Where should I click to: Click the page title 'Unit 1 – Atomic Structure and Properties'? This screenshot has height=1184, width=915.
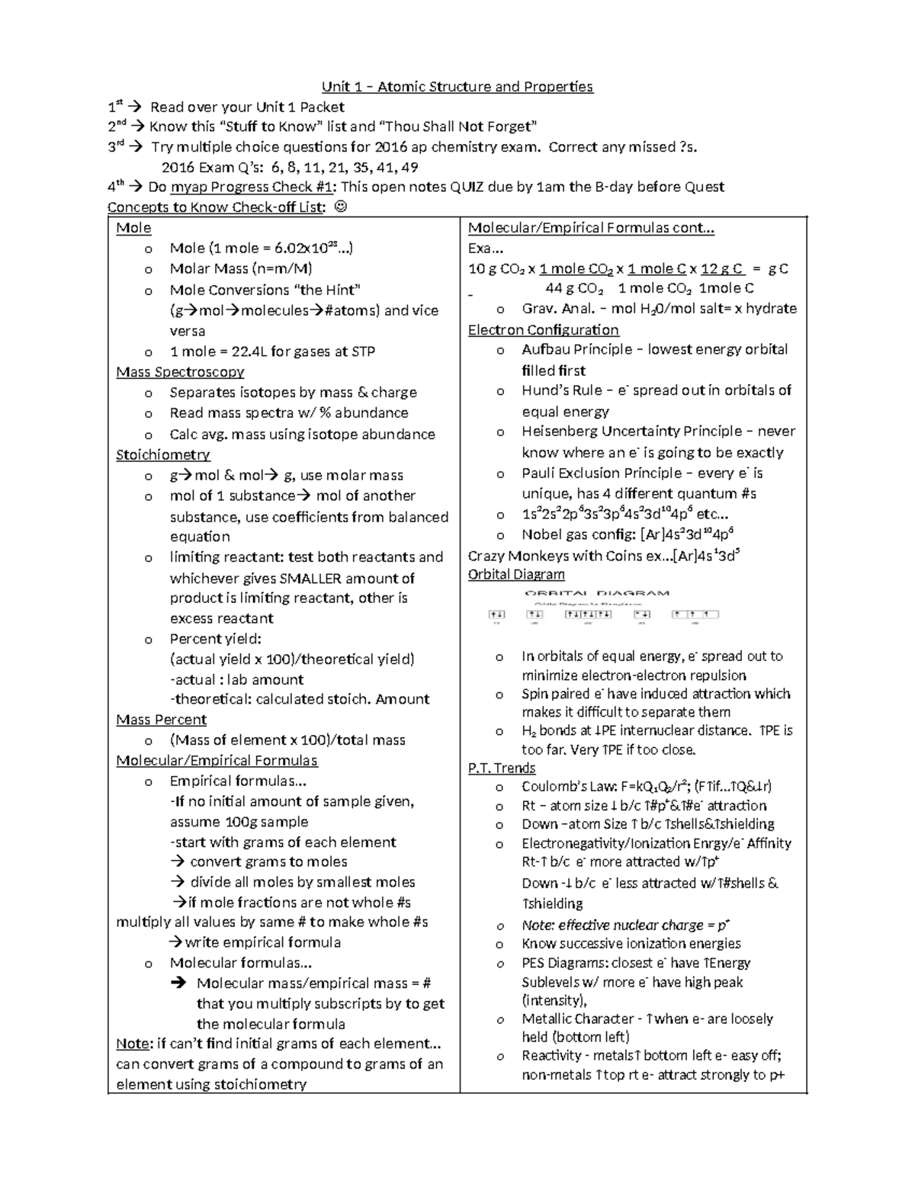[x=457, y=87]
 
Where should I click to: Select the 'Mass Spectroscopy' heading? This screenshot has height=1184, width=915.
[x=180, y=372]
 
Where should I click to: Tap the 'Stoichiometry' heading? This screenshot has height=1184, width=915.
[x=162, y=455]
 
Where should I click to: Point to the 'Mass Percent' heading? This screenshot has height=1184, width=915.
[x=161, y=720]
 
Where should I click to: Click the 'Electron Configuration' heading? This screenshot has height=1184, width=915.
[x=543, y=330]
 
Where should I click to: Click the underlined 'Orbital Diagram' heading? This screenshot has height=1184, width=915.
[x=516, y=575]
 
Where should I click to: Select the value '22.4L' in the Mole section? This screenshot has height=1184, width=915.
[x=250, y=351]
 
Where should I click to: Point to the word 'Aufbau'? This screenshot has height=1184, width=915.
[x=544, y=350]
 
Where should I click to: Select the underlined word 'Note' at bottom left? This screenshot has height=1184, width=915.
[x=131, y=1044]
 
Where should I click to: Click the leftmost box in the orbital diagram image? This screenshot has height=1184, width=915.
[x=496, y=614]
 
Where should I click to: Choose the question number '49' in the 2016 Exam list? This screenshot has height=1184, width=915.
[x=409, y=168]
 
